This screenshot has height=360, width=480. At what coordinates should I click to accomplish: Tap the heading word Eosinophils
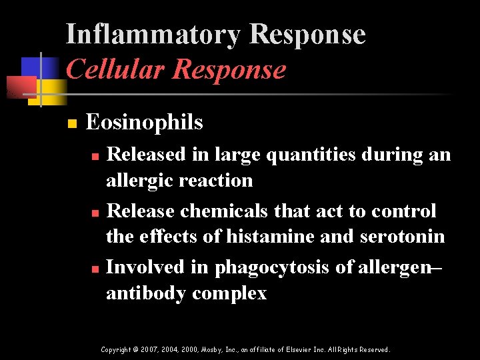(144, 122)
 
